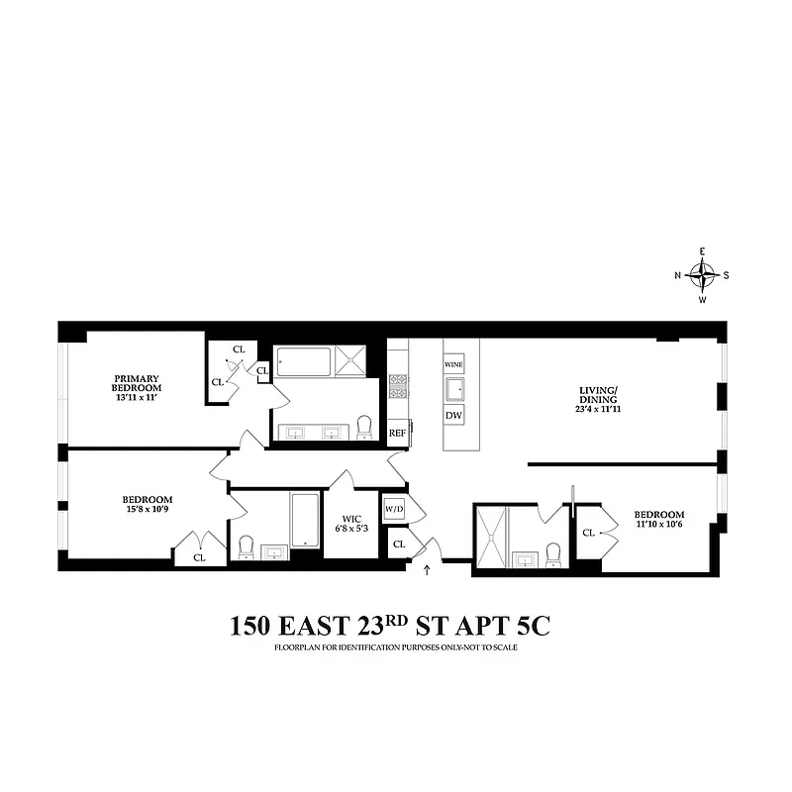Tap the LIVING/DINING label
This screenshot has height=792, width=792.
pyautogui.click(x=598, y=394)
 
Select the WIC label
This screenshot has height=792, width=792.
pyautogui.click(x=352, y=518)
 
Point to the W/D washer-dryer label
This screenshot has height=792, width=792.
pyautogui.click(x=393, y=510)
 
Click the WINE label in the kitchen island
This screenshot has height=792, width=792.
pyautogui.click(x=453, y=364)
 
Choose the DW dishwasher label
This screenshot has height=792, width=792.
pyautogui.click(x=453, y=416)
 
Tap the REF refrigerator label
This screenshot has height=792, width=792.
pyautogui.click(x=397, y=433)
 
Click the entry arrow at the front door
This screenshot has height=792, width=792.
pyautogui.click(x=427, y=569)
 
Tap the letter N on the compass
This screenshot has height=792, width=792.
pyautogui.click(x=679, y=275)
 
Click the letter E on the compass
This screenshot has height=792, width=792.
pyautogui.click(x=702, y=251)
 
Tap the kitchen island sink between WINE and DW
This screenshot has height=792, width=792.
pyautogui.click(x=453, y=389)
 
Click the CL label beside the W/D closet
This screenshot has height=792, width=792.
pyautogui.click(x=399, y=544)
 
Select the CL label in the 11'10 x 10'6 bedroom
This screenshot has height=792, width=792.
pyautogui.click(x=589, y=533)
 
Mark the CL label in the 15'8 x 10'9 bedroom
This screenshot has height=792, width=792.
pyautogui.click(x=199, y=557)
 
